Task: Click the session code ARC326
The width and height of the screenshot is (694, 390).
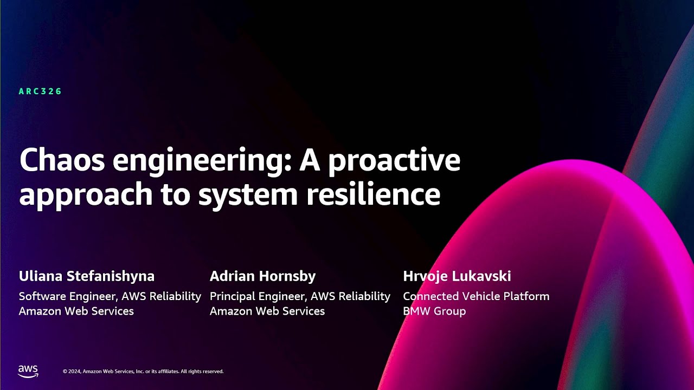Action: (x=40, y=92)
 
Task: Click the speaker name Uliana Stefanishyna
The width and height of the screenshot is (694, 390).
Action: (x=87, y=276)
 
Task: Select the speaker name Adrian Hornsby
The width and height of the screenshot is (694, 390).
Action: (x=262, y=276)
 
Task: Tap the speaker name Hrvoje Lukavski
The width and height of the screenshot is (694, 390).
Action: (x=457, y=276)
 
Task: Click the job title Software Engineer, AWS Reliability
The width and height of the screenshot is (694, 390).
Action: (x=110, y=296)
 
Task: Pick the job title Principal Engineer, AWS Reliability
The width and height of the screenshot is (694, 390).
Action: (x=300, y=296)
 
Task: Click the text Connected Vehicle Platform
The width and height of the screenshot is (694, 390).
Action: (x=476, y=296)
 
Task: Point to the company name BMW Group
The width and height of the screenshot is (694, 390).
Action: (x=434, y=311)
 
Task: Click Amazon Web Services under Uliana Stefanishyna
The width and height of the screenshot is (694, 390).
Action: (x=76, y=311)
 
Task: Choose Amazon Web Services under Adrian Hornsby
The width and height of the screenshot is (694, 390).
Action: (x=267, y=311)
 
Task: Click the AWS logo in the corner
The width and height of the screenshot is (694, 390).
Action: (x=28, y=371)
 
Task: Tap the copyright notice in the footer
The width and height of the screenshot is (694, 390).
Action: (x=143, y=372)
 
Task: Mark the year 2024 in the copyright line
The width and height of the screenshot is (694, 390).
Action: (x=75, y=372)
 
